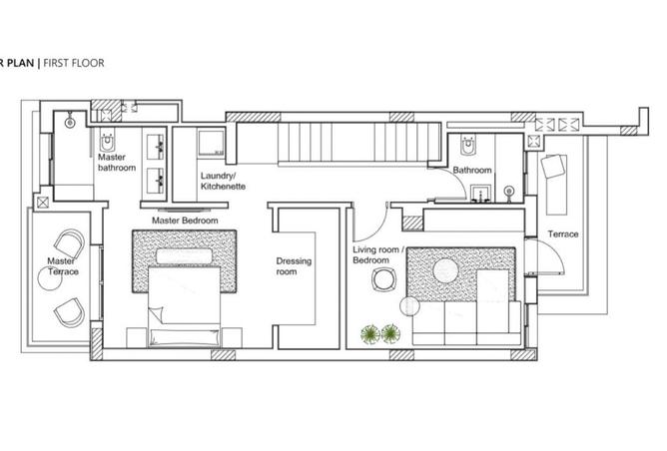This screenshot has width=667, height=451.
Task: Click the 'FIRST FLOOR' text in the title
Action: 72,63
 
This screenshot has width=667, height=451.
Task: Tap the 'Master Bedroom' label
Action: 185,220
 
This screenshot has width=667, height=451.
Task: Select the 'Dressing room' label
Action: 294,266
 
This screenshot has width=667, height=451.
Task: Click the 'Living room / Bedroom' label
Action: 376,253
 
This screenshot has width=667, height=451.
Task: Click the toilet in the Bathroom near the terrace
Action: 467,149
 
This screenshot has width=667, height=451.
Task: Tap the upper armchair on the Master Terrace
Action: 70,245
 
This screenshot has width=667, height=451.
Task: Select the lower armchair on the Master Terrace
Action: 68,311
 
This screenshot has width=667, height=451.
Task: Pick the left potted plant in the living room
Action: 370,333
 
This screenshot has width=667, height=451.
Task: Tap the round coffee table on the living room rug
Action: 443,269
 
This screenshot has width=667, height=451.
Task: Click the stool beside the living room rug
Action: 378,283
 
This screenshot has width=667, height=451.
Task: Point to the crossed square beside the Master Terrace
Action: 41,202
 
